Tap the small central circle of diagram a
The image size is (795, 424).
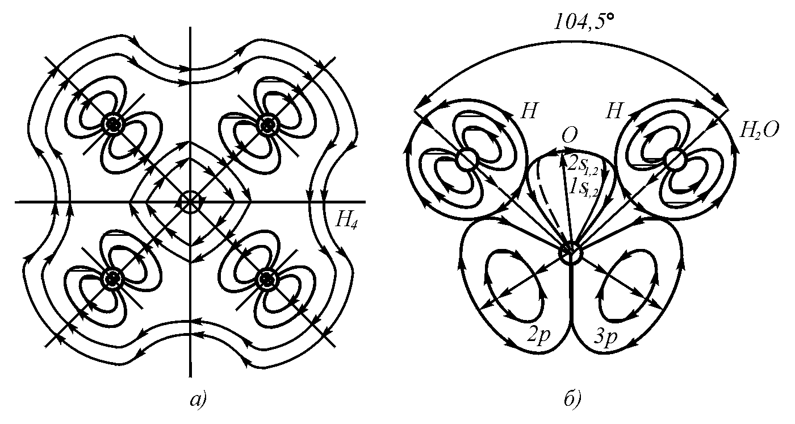[190, 202]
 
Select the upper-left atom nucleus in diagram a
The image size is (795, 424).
[114, 124]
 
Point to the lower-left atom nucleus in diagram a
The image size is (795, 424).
[114, 278]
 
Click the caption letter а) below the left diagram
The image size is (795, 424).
[196, 400]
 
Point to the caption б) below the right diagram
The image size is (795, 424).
[570, 400]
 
